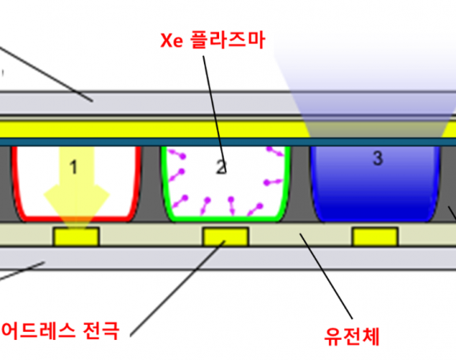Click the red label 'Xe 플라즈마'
click(x=213, y=40)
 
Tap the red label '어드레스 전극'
click(x=60, y=330)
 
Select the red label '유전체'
click(x=351, y=336)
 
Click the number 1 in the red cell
click(x=74, y=167)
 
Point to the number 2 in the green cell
click(x=221, y=167)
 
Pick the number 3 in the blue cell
click(x=378, y=158)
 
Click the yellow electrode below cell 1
click(x=76, y=237)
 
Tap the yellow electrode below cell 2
click(x=226, y=237)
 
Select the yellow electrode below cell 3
click(x=375, y=237)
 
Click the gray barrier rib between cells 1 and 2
click(x=151, y=183)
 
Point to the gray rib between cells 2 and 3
click(x=301, y=183)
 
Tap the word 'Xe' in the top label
click(x=171, y=41)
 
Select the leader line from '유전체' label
click(x=326, y=276)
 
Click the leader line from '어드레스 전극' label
click(x=178, y=289)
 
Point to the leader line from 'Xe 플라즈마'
click(x=214, y=114)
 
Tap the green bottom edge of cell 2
click(x=226, y=218)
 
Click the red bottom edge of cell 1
click(x=76, y=218)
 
